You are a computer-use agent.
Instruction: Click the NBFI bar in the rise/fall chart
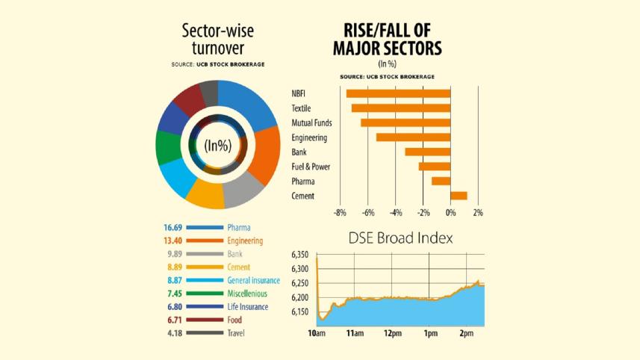pos(398,93)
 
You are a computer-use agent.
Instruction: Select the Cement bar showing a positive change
pos(459,196)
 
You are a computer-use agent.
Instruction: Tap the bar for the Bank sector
pos(428,152)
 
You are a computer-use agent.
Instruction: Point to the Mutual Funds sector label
pos(311,122)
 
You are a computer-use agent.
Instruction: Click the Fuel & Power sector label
pos(311,167)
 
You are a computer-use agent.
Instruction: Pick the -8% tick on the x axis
pos(340,213)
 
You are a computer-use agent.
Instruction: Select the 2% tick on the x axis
pos(478,213)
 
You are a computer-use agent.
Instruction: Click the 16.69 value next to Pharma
pos(173,227)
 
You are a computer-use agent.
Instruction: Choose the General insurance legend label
pos(254,280)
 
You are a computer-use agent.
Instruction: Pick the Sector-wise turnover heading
pos(217,40)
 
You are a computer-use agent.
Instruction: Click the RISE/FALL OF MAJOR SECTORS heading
pos(388,40)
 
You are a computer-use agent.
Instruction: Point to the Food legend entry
pos(235,320)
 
